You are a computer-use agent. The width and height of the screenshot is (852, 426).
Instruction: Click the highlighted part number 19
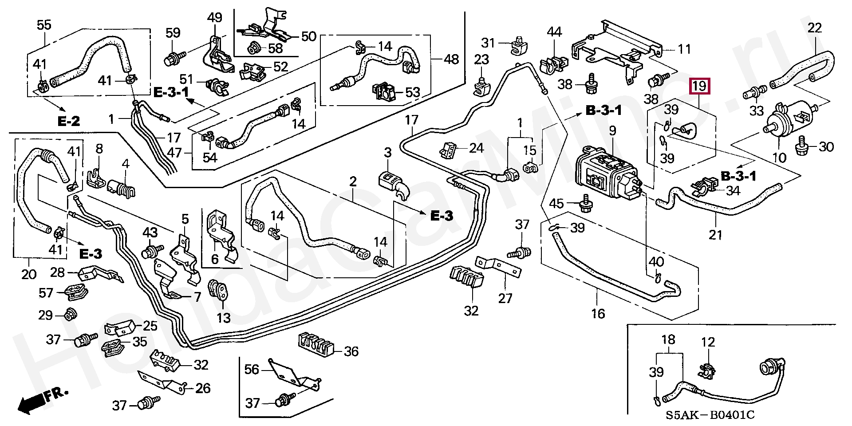coord(699,86)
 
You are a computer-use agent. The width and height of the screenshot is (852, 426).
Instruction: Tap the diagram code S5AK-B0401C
coord(710,415)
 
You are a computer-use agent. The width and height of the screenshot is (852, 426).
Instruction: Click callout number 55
coord(44,25)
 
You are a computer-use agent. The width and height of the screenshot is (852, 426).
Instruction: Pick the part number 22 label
coord(815,28)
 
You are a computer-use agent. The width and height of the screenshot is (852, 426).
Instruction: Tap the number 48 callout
coord(451,59)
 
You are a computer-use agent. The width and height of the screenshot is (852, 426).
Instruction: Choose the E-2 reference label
coord(69,121)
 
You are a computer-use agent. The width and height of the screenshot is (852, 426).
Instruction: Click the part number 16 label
coord(598,314)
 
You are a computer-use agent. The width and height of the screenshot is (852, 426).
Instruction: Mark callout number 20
coord(29,274)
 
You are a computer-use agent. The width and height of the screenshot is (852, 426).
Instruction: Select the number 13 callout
coord(224,318)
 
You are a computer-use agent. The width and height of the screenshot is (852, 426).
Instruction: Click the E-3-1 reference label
coord(171,92)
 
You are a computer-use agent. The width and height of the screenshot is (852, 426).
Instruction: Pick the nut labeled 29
coord(70,315)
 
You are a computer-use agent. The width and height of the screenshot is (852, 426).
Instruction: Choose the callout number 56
coord(252,369)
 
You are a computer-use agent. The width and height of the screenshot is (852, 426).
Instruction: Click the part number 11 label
coord(684,49)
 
